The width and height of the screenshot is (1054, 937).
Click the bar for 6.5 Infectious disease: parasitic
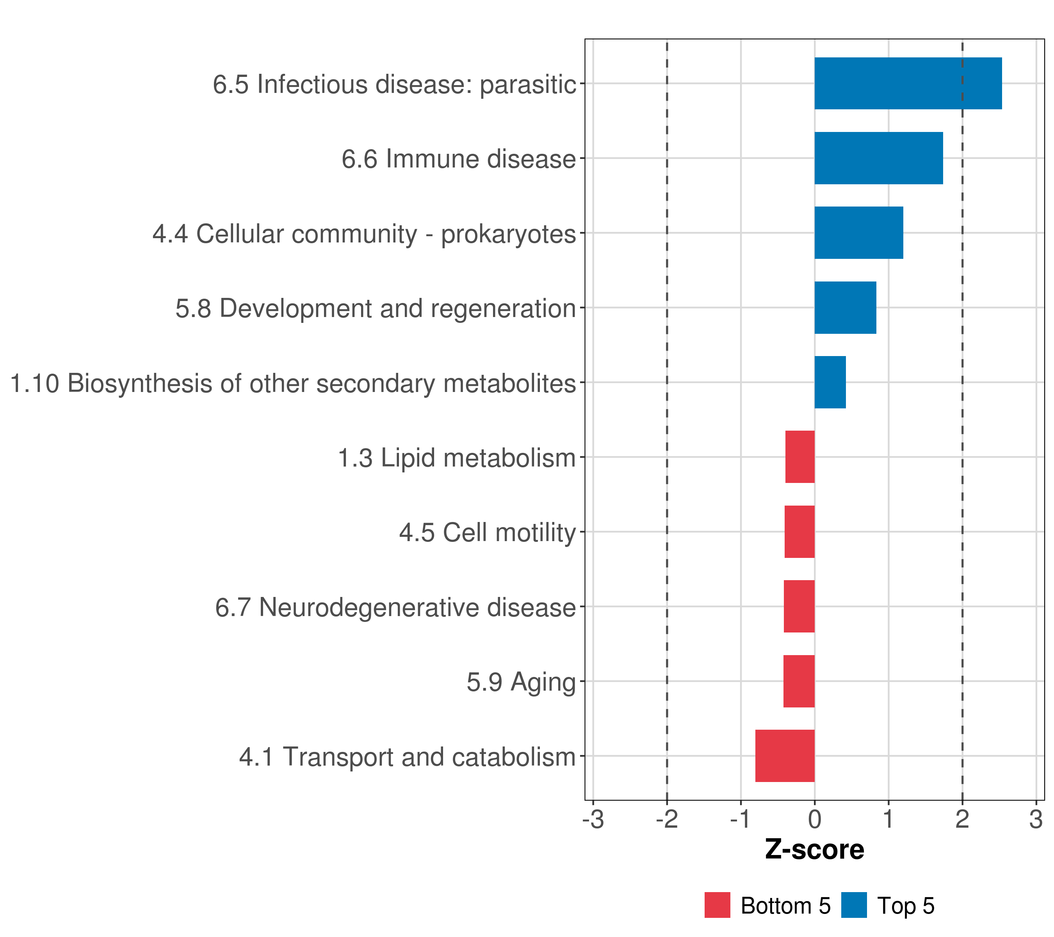(x=908, y=83)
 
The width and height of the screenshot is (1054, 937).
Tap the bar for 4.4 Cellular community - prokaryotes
(x=858, y=233)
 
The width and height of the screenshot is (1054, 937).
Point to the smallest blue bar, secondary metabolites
(x=830, y=382)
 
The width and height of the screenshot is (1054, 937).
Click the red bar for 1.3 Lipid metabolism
(x=800, y=457)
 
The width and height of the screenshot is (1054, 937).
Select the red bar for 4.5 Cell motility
(x=799, y=532)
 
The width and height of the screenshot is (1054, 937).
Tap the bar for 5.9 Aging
(x=799, y=681)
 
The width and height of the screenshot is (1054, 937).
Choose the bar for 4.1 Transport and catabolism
(x=785, y=756)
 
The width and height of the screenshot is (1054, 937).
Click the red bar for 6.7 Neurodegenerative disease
(x=799, y=606)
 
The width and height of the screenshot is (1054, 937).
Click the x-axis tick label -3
(x=593, y=820)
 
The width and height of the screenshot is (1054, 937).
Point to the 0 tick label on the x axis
(x=815, y=820)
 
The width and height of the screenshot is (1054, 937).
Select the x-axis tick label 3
(x=1036, y=820)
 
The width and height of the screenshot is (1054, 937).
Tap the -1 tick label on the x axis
(x=741, y=820)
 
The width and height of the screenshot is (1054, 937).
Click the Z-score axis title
(x=815, y=850)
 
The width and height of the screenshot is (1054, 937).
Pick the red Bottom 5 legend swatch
(x=717, y=905)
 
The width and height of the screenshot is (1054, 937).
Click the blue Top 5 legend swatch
(x=854, y=905)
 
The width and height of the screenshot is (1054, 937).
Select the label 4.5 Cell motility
(x=487, y=533)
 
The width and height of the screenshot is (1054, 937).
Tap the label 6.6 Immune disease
(x=458, y=159)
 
